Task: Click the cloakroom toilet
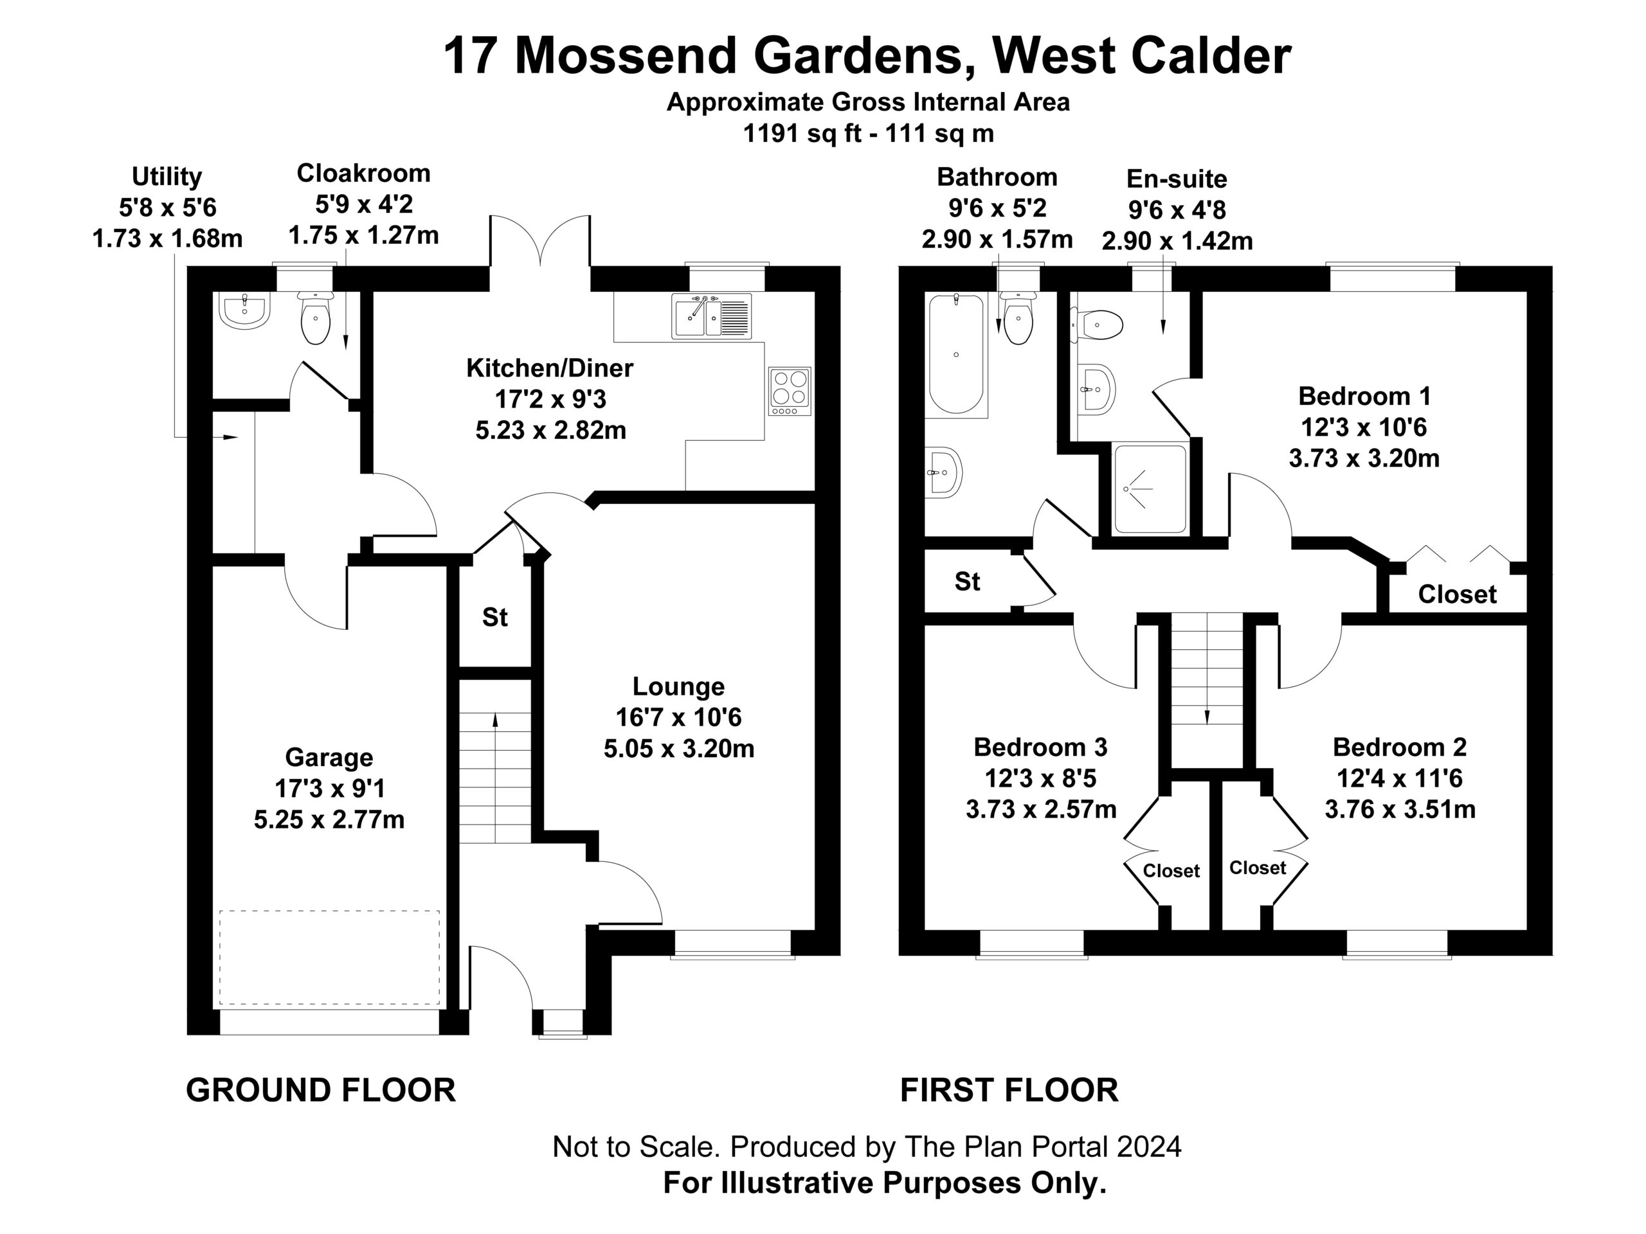tap(316, 317)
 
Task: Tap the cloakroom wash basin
tap(245, 310)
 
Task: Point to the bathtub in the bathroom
tap(956, 353)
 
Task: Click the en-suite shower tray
tap(1150, 488)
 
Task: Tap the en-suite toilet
tap(1096, 325)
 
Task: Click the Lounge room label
tap(678, 686)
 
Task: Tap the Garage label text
tap(329, 757)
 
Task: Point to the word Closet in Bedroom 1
tap(1457, 595)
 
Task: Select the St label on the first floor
tap(968, 581)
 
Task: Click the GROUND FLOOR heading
tap(321, 1091)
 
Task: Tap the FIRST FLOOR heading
tap(1009, 1091)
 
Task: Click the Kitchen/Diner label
tap(549, 368)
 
